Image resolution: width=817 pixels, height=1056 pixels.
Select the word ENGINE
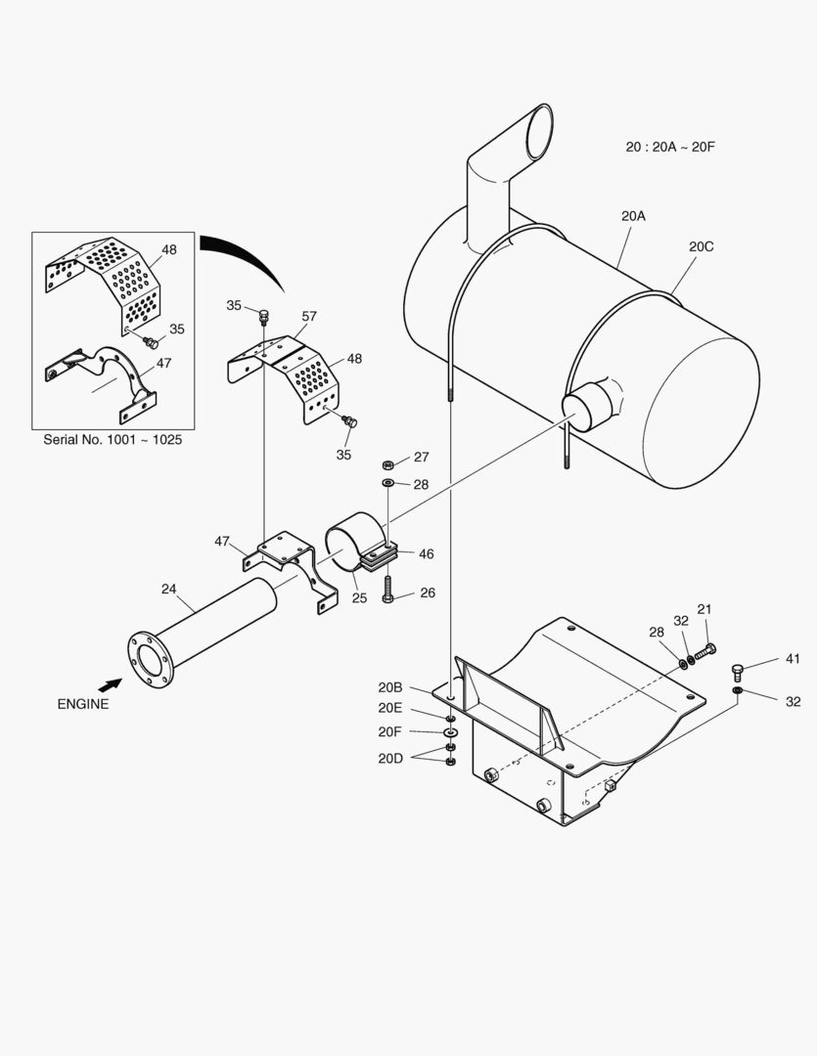pos(83,704)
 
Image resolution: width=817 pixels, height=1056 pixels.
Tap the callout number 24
pos(169,589)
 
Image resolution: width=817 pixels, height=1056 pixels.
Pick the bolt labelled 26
pos(388,590)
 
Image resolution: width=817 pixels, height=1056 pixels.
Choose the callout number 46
pos(426,554)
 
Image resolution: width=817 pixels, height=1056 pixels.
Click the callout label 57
pos(309,316)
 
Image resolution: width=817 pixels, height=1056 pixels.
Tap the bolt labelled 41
pos(739,672)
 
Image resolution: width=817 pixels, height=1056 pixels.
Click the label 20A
pos(633,216)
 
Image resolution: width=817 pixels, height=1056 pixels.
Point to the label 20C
pos(701,246)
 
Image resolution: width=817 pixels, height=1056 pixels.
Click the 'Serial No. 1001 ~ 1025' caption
pos(113,439)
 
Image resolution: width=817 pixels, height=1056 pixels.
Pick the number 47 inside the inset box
pos(164,362)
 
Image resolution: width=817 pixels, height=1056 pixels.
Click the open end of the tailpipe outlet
pos(539,132)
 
